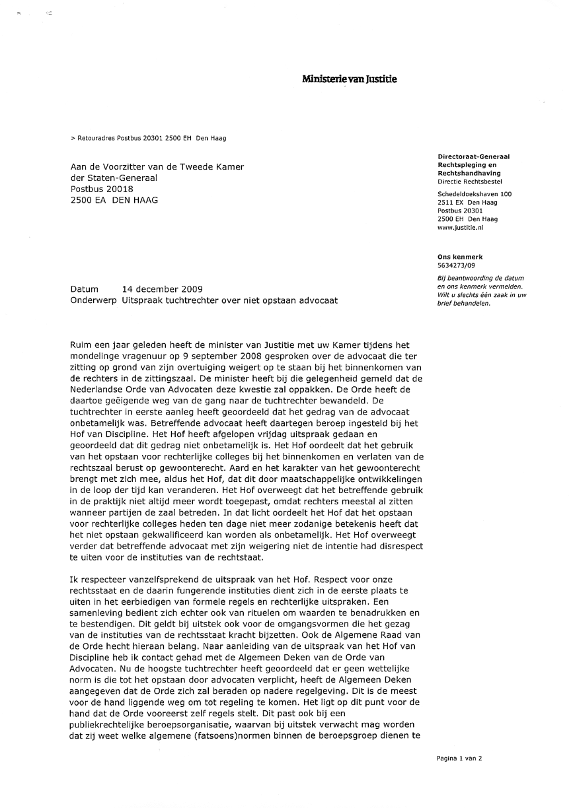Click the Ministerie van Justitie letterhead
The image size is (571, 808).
point(350,80)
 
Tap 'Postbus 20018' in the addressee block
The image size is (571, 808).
point(102,189)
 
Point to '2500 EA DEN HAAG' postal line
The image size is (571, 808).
point(114,200)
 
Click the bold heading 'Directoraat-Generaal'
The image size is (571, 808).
point(473,157)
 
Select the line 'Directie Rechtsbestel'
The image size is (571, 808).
point(469,181)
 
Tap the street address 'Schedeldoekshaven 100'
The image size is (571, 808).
point(475,194)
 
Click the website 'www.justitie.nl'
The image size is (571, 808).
point(461,227)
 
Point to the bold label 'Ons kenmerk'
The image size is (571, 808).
point(460,257)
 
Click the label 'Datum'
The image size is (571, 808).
point(84,289)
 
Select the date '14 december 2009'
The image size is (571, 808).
point(163,289)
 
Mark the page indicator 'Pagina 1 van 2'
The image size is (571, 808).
point(459,758)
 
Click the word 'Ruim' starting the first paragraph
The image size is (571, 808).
point(81,344)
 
